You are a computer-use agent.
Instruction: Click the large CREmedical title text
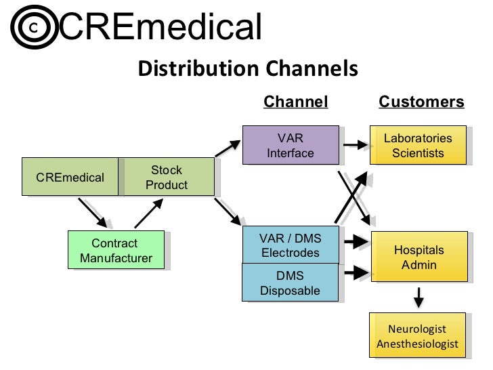tap(160, 26)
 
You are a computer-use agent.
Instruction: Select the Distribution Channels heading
tap(247, 68)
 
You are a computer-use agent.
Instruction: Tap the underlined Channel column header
tap(295, 102)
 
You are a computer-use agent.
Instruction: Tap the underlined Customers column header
tap(421, 102)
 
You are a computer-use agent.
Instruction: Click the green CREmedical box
tap(70, 178)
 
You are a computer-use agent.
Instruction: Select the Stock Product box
tap(167, 178)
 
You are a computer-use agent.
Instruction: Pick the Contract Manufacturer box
tap(116, 250)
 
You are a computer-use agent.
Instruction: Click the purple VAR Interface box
tap(290, 145)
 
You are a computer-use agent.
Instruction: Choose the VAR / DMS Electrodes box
tap(290, 245)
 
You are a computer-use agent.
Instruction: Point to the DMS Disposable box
tap(290, 283)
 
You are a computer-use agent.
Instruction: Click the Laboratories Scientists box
tap(418, 146)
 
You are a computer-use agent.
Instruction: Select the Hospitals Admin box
tap(419, 257)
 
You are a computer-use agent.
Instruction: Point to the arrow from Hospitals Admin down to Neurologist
tap(419, 297)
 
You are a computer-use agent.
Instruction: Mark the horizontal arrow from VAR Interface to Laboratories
tap(356, 144)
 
